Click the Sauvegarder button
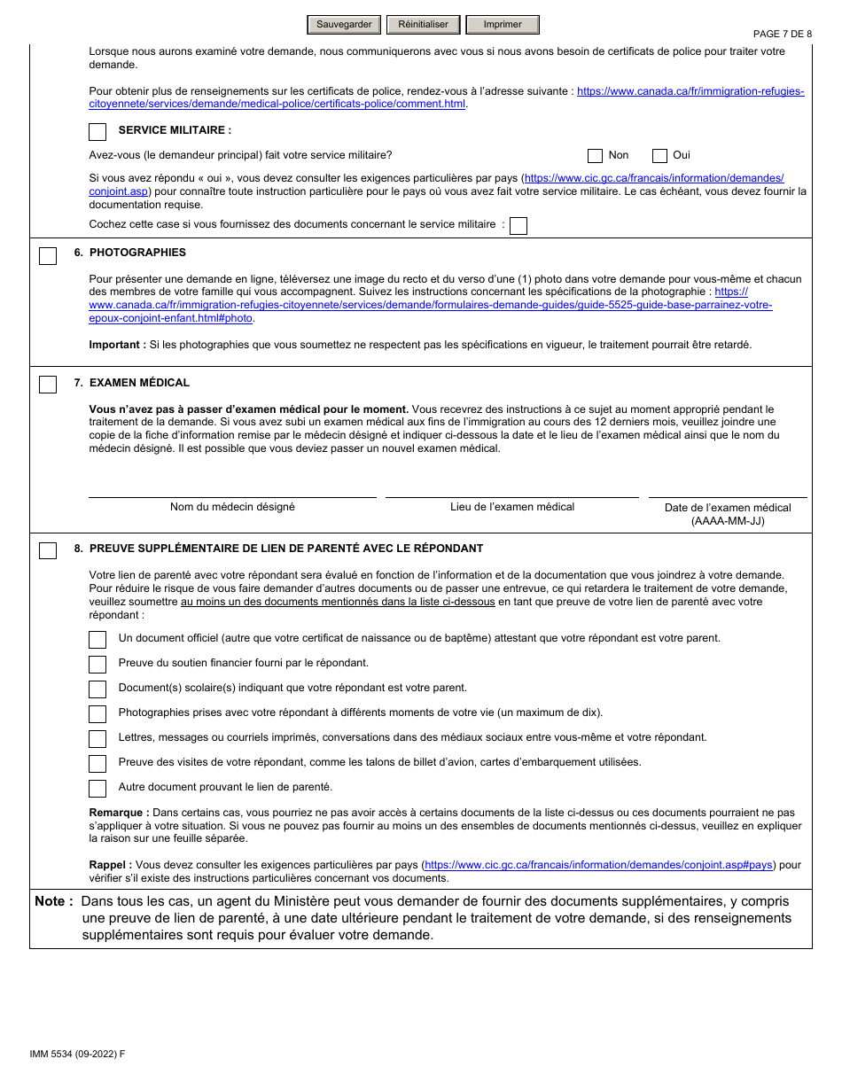tap(344, 25)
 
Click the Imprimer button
tap(502, 25)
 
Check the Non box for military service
tap(596, 156)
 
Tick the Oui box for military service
tap(659, 156)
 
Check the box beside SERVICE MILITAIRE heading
tap(97, 132)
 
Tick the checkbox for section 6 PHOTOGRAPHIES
tap(48, 256)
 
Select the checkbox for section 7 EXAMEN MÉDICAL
tap(48, 385)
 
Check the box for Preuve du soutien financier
tap(97, 665)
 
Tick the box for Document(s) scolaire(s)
tap(97, 689)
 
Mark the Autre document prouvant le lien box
tap(97, 789)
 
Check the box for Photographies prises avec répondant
tap(97, 714)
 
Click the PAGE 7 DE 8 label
tap(782, 35)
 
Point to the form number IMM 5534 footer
tap(77, 1054)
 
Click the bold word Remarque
tap(118, 813)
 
